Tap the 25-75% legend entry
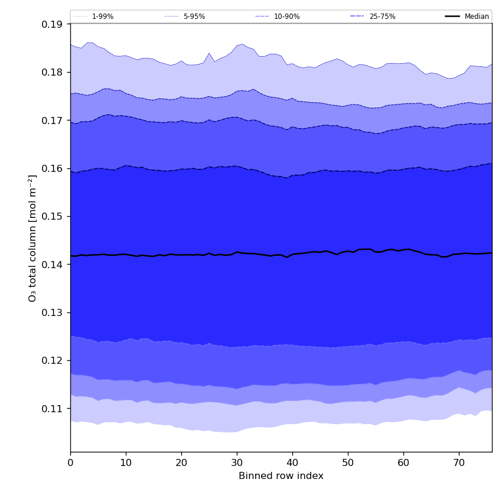[x=382, y=17]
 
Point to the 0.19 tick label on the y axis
[x=53, y=24]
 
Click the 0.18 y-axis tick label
[x=53, y=72]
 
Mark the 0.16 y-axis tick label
[x=53, y=168]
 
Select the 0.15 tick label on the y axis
[x=53, y=216]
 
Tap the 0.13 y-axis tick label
[x=53, y=312]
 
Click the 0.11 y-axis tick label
[x=53, y=408]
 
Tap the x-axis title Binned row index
[x=281, y=476]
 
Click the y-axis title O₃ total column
[x=33, y=238]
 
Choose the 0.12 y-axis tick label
[x=53, y=360]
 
